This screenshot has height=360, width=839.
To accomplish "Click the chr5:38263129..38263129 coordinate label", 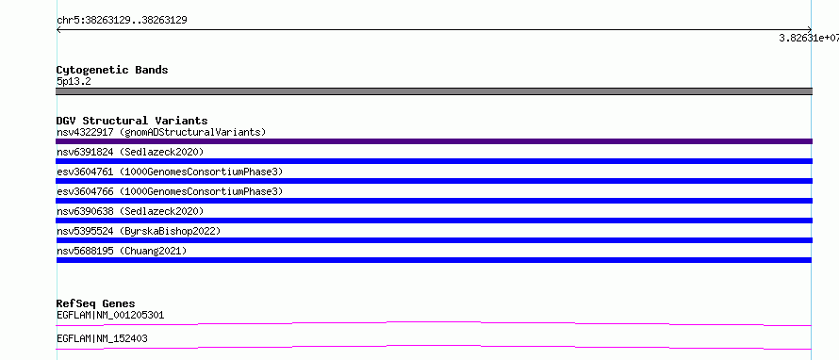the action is (x=122, y=21).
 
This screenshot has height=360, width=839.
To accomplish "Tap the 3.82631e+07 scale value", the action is (x=809, y=38).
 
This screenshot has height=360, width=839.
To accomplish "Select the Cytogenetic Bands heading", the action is (x=112, y=70).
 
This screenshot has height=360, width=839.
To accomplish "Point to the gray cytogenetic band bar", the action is (x=434, y=91).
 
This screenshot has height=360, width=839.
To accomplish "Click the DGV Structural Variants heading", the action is (x=132, y=121).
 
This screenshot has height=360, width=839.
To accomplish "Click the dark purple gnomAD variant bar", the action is (x=434, y=141).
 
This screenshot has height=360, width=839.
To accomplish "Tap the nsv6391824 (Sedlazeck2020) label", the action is (x=130, y=152).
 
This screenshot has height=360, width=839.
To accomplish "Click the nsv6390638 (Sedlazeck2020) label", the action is (x=130, y=211).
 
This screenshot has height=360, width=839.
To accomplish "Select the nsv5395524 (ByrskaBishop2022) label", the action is (x=139, y=231).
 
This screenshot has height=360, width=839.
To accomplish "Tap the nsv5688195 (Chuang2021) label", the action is (x=122, y=251).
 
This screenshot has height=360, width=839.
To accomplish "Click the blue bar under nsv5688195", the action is (x=434, y=260).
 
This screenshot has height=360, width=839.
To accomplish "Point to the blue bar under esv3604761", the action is (x=434, y=181).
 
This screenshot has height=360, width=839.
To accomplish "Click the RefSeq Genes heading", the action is (x=96, y=303).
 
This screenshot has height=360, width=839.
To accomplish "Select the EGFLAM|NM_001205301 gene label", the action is (x=110, y=315).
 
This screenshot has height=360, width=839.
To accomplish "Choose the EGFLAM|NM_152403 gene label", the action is (x=102, y=338).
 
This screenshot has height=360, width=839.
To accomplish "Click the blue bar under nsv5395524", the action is (x=434, y=240).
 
